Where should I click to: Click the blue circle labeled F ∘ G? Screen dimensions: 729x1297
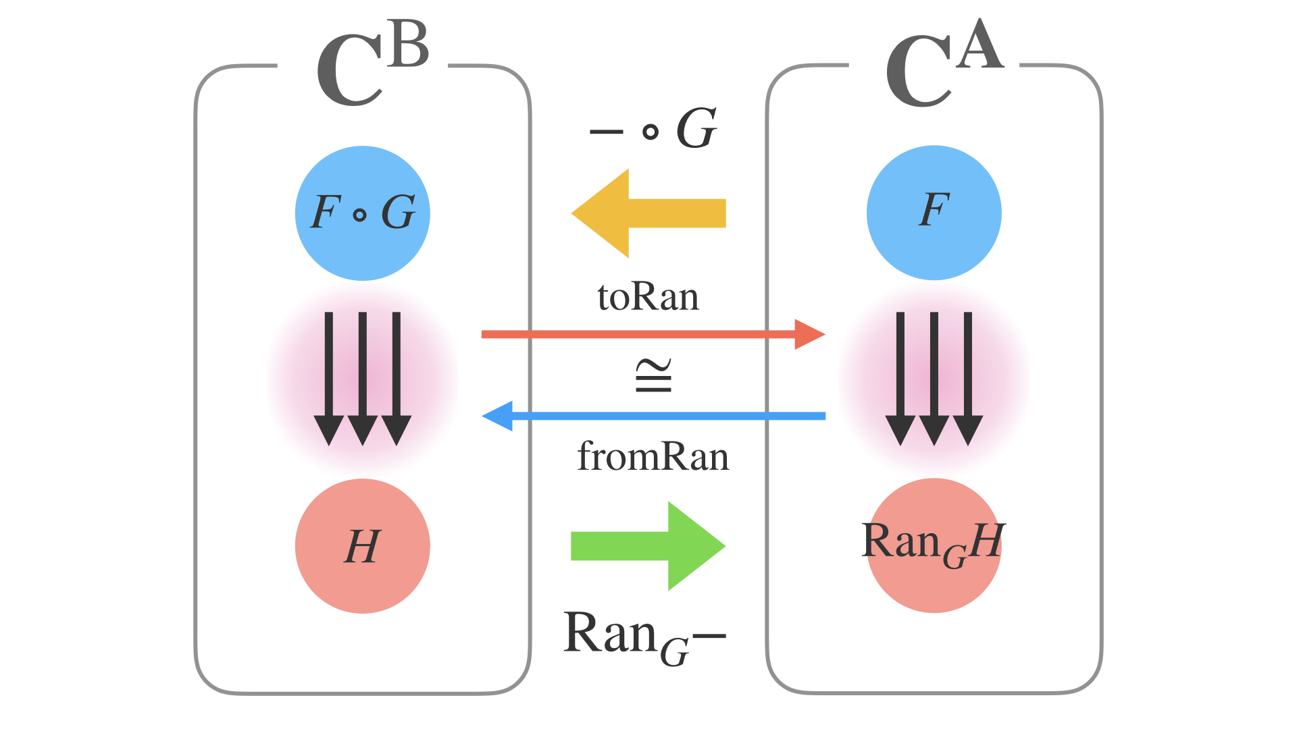(x=363, y=213)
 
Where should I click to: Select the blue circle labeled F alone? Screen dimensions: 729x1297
(x=934, y=213)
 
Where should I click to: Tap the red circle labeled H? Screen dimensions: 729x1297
(x=363, y=546)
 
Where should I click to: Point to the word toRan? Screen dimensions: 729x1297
(x=648, y=297)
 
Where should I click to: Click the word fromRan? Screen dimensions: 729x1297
(x=653, y=457)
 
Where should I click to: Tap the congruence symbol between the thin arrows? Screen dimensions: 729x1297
(x=653, y=376)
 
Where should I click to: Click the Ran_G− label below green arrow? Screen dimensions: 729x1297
(x=644, y=636)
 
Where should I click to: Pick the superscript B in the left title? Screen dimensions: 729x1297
(x=409, y=45)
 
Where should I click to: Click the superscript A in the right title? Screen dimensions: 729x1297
(x=982, y=45)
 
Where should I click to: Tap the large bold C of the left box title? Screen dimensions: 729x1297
(x=349, y=72)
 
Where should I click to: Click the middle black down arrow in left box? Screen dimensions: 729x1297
(x=363, y=378)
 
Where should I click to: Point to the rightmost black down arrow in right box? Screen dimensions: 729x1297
(x=968, y=378)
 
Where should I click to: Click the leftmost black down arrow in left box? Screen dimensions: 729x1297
(x=329, y=378)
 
